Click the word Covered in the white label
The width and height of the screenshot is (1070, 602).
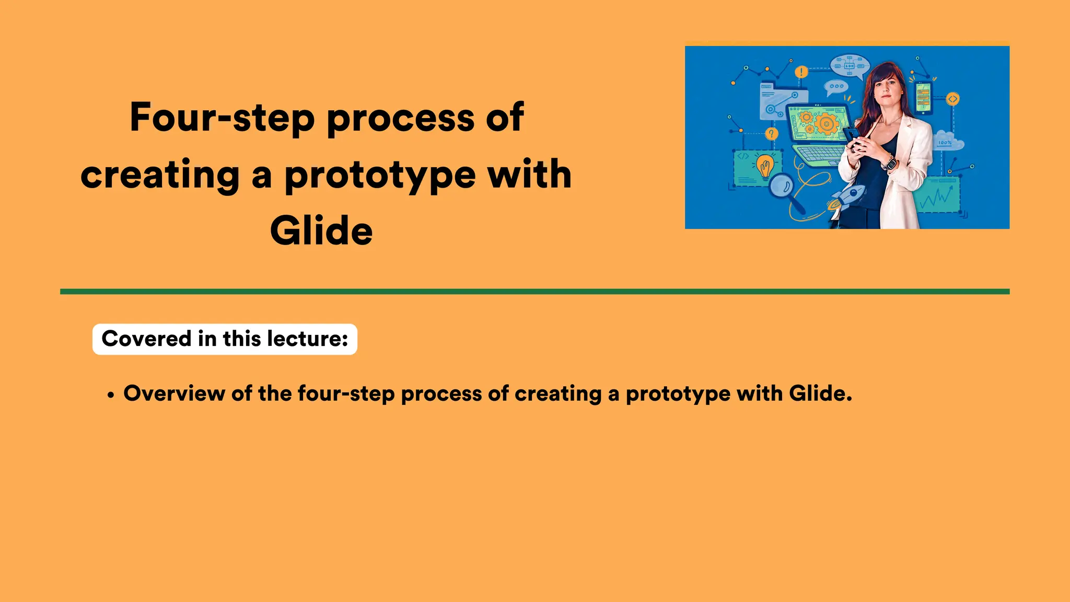point(146,339)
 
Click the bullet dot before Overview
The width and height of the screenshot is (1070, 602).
point(110,396)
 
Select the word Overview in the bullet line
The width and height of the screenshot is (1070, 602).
point(174,393)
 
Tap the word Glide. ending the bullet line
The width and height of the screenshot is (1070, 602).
point(820,393)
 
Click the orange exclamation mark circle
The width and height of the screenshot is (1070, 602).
point(801,72)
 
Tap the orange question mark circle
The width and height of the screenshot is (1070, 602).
point(771,134)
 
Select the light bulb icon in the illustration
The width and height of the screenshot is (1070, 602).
point(765,167)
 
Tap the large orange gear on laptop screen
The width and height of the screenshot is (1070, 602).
point(827,124)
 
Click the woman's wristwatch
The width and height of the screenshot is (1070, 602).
point(889,164)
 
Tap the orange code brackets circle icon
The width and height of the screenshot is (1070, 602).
point(953,99)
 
